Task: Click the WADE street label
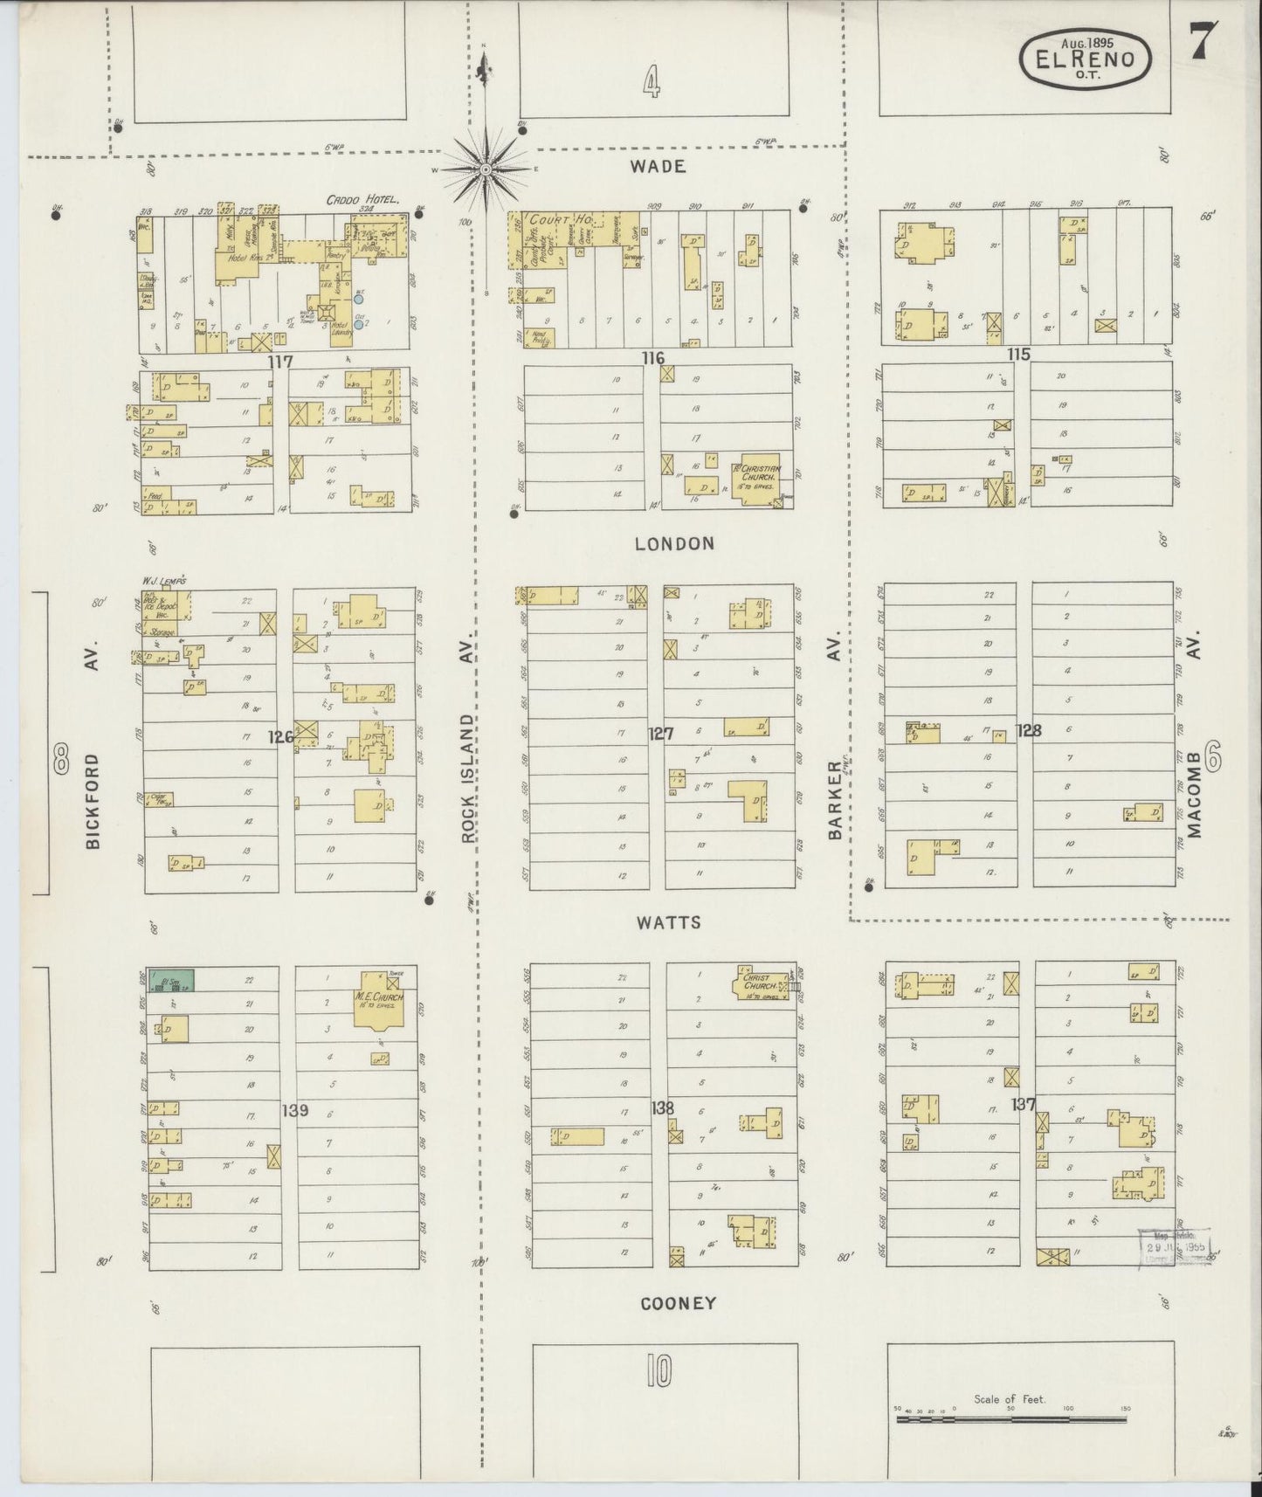[660, 166]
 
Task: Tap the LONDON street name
[674, 543]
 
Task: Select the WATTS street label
[669, 922]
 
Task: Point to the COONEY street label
[678, 1303]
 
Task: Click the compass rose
[485, 168]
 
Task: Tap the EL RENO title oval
[1086, 59]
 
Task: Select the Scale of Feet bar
[1010, 1419]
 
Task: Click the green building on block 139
[171, 980]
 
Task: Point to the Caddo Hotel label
[362, 200]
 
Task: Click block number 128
[1030, 730]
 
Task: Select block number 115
[1018, 355]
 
